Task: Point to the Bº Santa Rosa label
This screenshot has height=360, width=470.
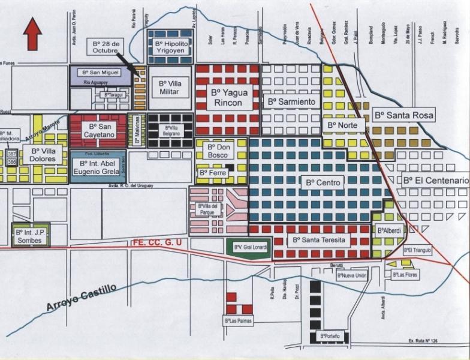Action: [403, 115]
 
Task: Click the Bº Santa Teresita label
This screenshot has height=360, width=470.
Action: [318, 240]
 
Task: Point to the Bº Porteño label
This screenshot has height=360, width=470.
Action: [330, 336]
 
